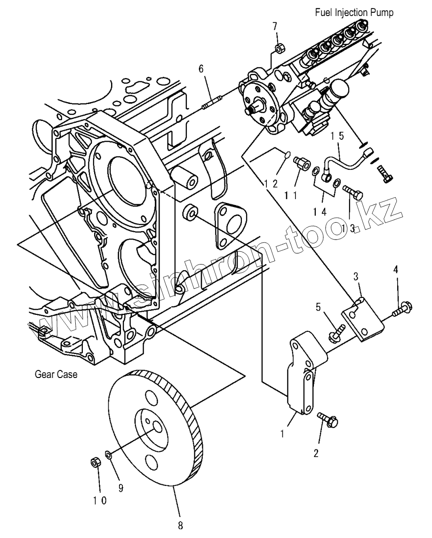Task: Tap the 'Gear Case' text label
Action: (56, 375)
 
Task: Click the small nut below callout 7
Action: (278, 48)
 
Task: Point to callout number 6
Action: (201, 69)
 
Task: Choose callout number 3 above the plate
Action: (356, 276)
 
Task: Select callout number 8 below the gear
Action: (180, 525)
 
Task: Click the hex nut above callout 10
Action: (94, 463)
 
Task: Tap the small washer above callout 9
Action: (109, 454)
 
